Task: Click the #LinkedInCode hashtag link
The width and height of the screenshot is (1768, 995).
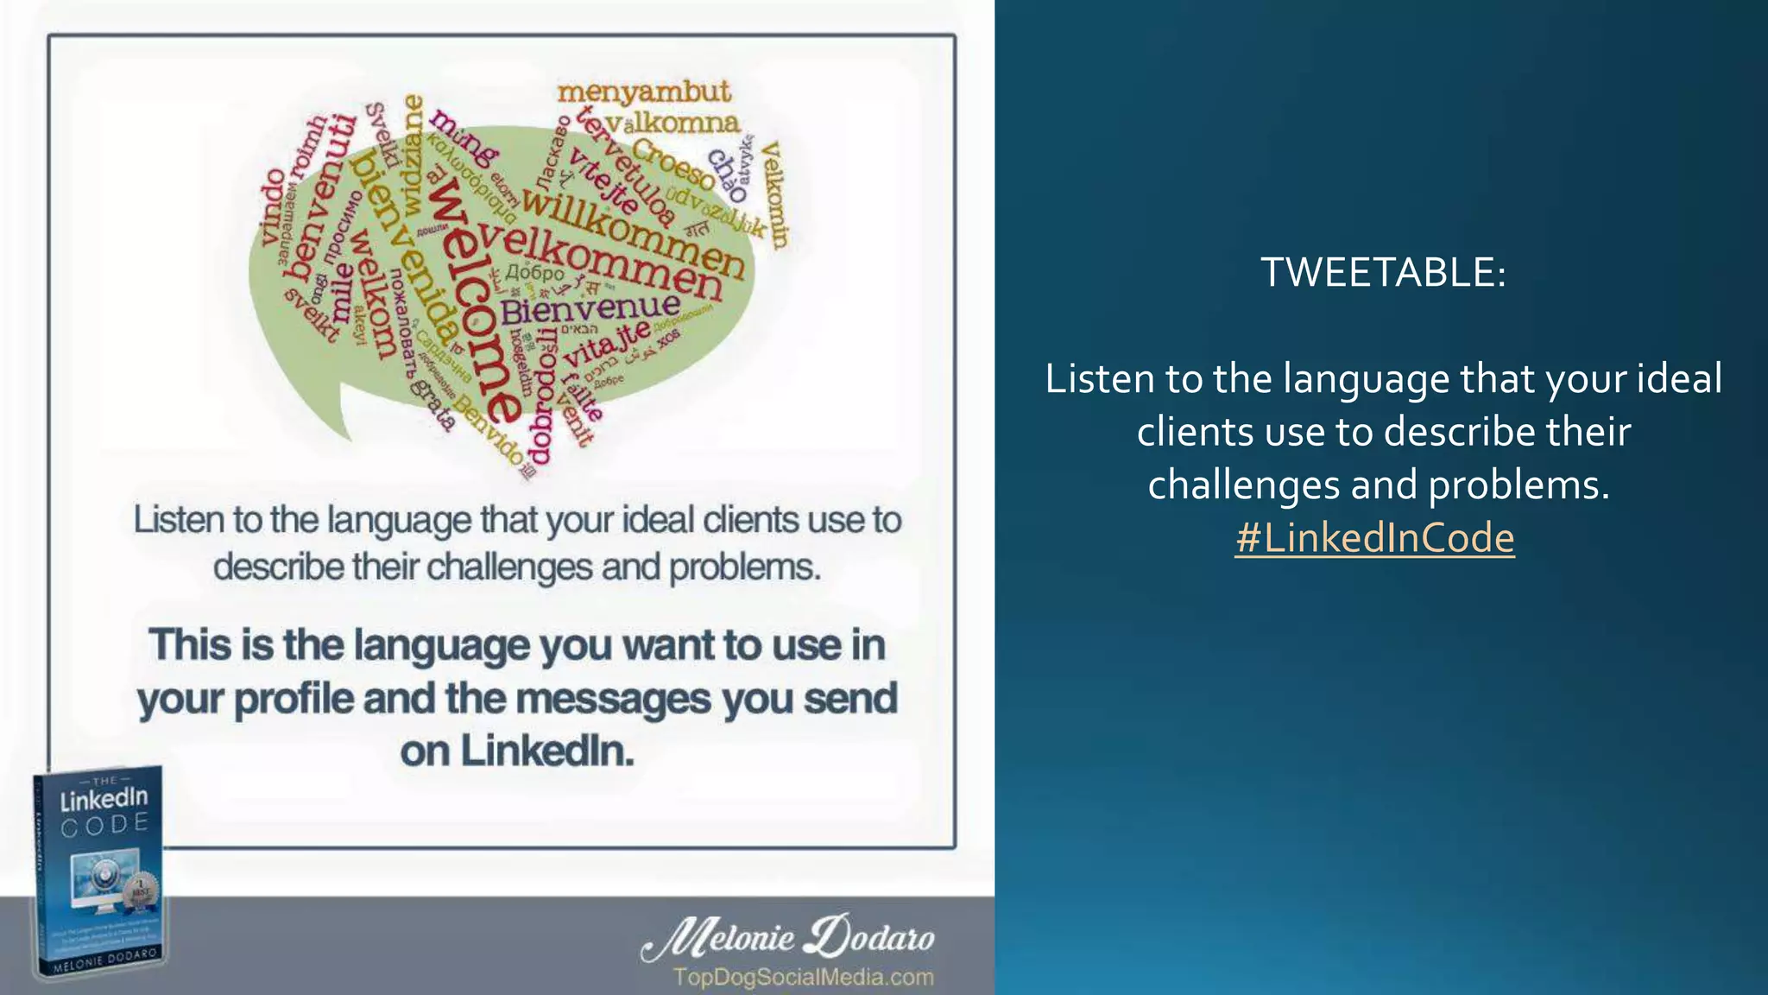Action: [x=1374, y=538]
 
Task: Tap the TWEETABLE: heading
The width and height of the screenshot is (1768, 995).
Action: [x=1383, y=272]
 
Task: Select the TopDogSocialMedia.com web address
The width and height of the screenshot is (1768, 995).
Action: [x=803, y=978]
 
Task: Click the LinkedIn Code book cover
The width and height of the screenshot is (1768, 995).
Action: [x=99, y=872]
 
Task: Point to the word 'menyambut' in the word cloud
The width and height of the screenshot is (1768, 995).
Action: [x=644, y=92]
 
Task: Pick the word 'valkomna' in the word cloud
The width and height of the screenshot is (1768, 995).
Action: [x=672, y=122]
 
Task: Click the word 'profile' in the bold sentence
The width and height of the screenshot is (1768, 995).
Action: [x=294, y=699]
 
